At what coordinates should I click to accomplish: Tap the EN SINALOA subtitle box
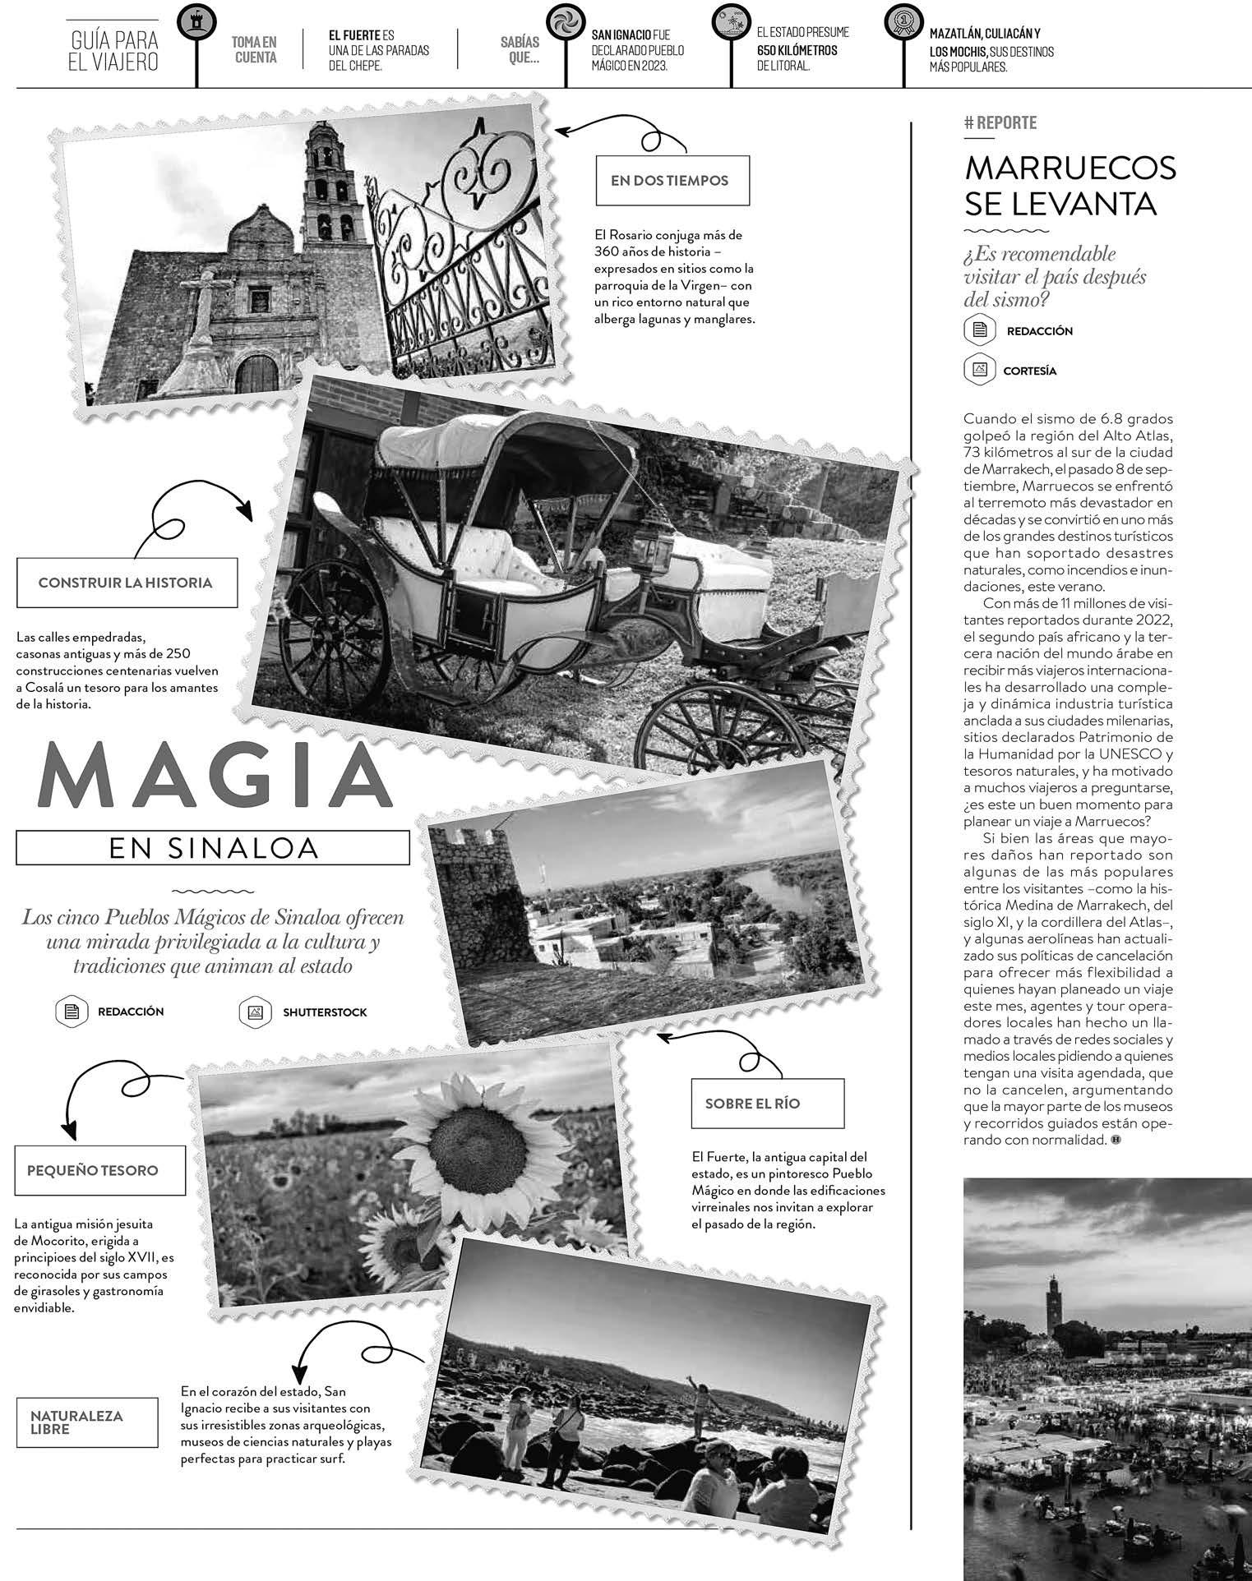point(212,847)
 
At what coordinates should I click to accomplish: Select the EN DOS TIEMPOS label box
point(672,181)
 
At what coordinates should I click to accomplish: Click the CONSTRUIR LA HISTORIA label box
point(126,583)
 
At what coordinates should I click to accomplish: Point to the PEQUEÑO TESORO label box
point(99,1169)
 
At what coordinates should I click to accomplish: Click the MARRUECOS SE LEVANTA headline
point(1070,185)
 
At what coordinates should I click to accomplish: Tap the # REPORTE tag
point(1000,123)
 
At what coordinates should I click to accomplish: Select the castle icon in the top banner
point(196,23)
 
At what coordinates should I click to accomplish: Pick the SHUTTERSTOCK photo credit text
point(325,1012)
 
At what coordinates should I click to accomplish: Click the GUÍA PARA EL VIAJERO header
point(114,51)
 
